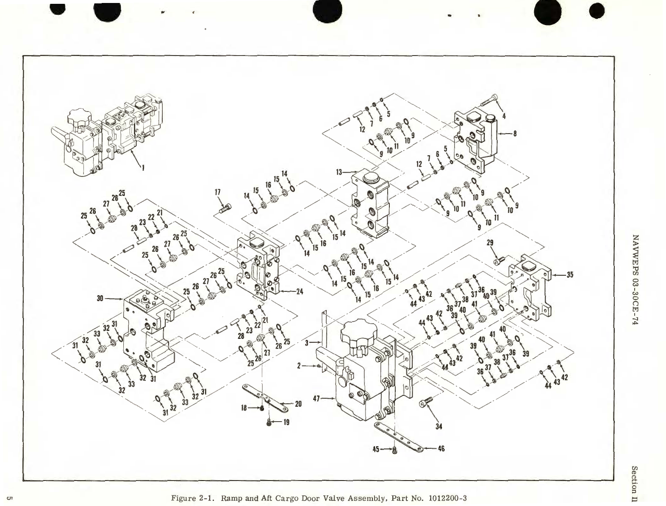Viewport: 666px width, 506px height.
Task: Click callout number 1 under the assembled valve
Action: pos(143,168)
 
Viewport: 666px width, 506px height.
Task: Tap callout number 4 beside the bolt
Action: pos(503,115)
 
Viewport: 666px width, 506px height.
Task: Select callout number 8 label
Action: pos(515,133)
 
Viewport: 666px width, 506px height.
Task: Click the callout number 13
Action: pos(339,172)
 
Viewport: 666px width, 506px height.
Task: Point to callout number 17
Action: pos(218,192)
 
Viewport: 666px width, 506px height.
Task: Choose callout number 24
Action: pos(300,292)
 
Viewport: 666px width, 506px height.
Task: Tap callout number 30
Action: pos(100,298)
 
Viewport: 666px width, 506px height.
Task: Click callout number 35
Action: pos(569,275)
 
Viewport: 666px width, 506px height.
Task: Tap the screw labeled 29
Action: pos(499,261)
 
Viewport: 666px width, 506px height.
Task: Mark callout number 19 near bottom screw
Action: pos(286,422)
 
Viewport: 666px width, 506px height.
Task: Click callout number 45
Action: pos(376,449)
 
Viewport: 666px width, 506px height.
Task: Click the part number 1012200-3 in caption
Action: pos(447,497)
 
